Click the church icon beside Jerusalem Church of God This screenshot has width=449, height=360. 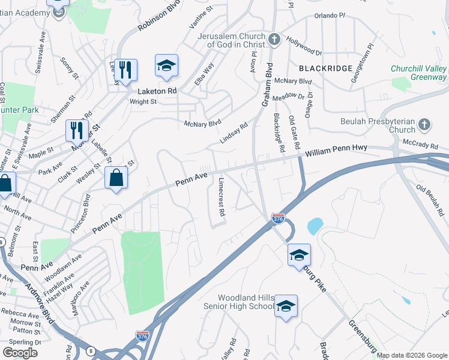(x=274, y=40)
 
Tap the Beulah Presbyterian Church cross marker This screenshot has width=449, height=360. (x=424, y=125)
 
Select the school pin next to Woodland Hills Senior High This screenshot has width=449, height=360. (x=286, y=306)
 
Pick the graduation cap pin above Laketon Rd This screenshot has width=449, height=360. (x=167, y=66)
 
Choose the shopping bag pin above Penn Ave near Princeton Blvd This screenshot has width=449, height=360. (x=116, y=178)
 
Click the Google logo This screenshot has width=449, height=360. (x=20, y=352)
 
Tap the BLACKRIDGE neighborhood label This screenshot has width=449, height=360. (x=325, y=68)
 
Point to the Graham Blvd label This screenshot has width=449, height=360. (x=267, y=85)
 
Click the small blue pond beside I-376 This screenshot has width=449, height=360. (x=314, y=226)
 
